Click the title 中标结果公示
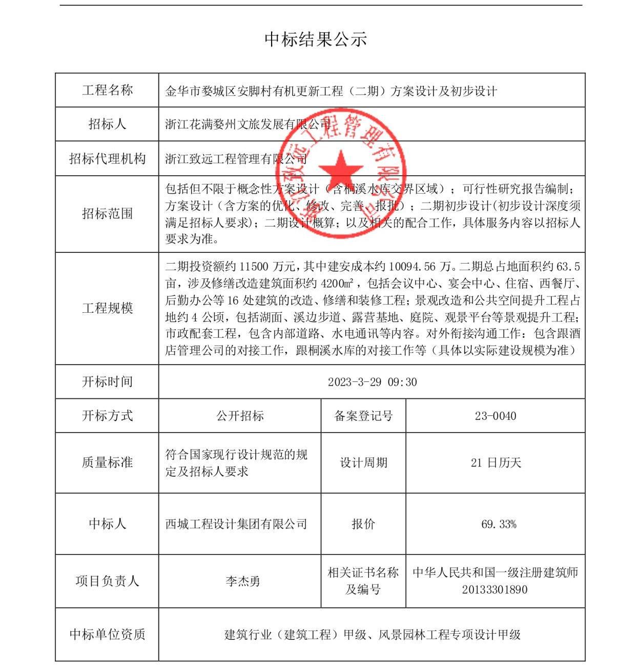click(316, 39)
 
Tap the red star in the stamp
click(340, 169)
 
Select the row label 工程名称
click(107, 90)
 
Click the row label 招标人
click(107, 124)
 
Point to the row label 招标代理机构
click(107, 158)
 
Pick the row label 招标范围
click(107, 213)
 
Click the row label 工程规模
click(107, 308)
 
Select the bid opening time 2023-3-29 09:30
click(372, 382)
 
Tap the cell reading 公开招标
click(240, 416)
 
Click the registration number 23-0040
click(495, 416)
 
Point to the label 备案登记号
click(363, 416)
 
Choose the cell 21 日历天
click(496, 463)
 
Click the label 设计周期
click(363, 463)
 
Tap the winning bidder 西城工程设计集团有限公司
click(236, 524)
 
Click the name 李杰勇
click(243, 581)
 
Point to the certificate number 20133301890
click(494, 590)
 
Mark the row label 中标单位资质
click(107, 634)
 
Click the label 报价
click(363, 524)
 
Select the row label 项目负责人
click(107, 581)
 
